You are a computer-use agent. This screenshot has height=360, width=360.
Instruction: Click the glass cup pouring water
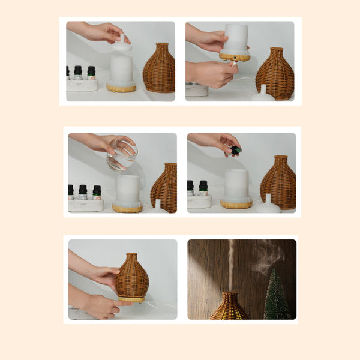[x=122, y=155]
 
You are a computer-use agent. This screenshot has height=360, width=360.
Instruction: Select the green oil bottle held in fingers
[x=236, y=151]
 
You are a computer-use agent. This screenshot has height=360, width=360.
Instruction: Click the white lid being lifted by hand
[x=122, y=44]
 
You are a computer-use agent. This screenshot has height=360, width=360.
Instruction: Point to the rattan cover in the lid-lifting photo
[x=159, y=69]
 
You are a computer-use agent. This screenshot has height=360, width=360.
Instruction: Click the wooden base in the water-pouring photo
[x=127, y=208]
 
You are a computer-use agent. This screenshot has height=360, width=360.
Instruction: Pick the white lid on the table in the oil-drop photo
[x=267, y=206]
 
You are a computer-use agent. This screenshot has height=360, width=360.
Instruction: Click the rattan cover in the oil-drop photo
[x=277, y=183]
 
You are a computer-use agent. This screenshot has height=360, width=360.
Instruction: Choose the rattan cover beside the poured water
[x=164, y=187]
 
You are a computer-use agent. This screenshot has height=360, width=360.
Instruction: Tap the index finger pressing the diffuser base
[x=123, y=302]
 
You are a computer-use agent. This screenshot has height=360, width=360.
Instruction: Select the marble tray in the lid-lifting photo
[x=82, y=85]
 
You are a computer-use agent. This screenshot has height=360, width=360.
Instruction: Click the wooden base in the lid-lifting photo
[x=122, y=88]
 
